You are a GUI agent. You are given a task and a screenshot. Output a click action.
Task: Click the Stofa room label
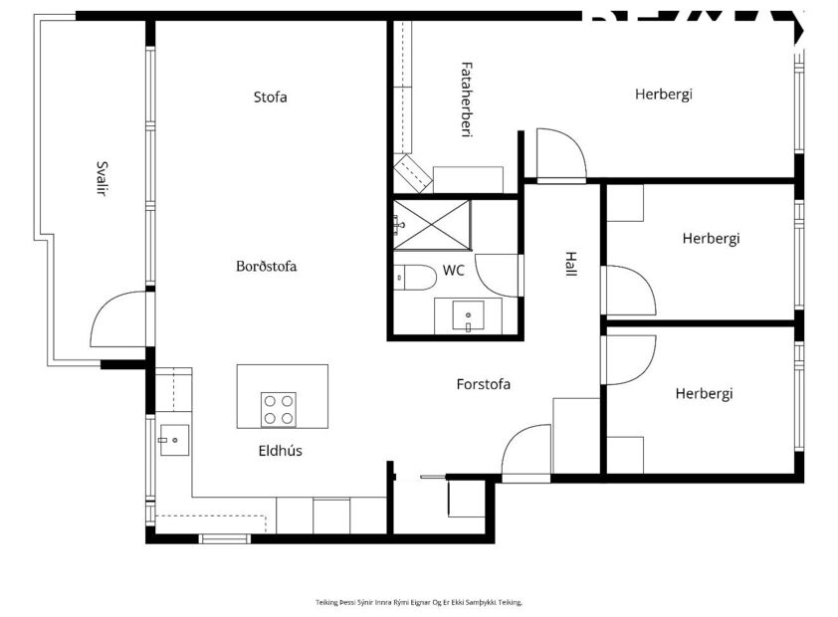(271, 98)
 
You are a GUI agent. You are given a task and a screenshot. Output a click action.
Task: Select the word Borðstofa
(266, 266)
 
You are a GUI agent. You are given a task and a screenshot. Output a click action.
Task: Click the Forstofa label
(483, 383)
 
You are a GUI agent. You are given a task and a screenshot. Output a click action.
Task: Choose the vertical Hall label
(570, 263)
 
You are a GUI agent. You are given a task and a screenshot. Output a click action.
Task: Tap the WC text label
(454, 270)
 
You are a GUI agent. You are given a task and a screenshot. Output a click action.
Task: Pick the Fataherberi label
(465, 100)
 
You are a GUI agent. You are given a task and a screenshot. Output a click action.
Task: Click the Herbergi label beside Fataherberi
(663, 95)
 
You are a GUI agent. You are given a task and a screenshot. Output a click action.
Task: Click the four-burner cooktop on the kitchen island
(278, 408)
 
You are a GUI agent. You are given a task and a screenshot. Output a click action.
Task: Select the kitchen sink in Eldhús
(173, 439)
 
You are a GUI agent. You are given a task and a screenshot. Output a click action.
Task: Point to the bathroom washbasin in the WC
(468, 316)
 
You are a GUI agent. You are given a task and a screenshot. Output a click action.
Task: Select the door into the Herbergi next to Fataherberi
(559, 154)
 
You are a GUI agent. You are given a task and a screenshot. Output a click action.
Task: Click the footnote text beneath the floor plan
(418, 602)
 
